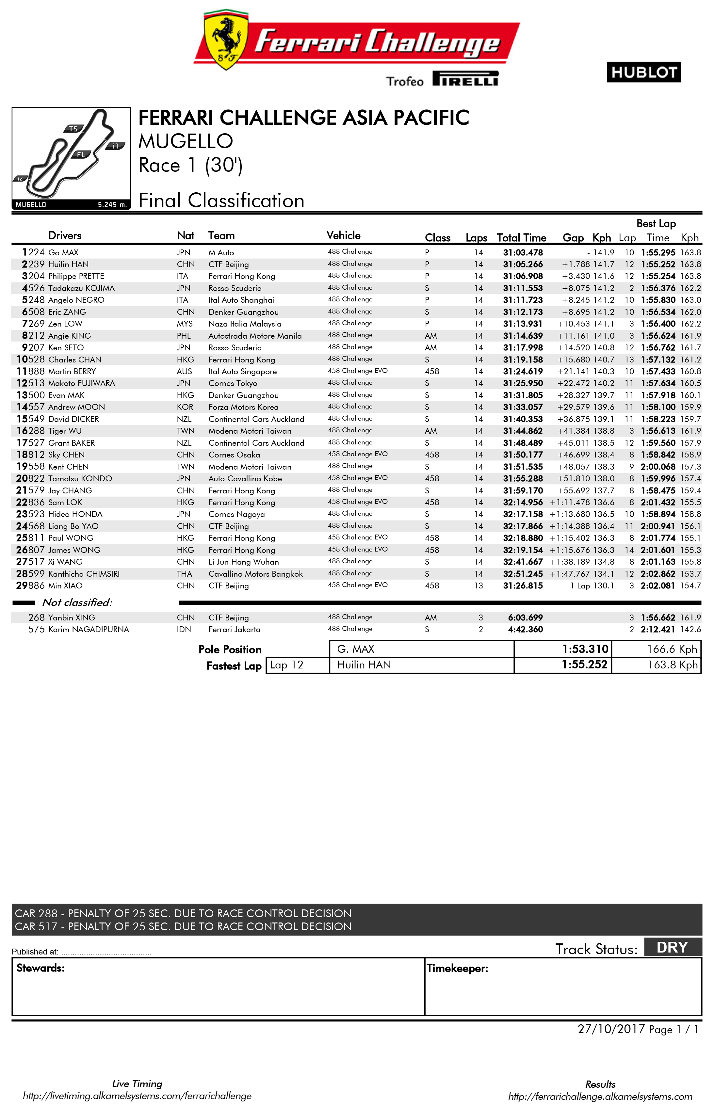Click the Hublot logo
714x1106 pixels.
tap(643, 72)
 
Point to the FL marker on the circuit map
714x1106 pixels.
tap(81, 155)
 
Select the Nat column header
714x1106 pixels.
tap(186, 235)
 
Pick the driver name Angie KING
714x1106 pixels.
tap(70, 336)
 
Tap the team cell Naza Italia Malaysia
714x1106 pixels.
tap(245, 324)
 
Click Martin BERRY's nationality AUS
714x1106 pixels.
tap(184, 371)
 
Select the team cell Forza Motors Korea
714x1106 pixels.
tap(243, 407)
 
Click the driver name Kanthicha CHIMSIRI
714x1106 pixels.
tap(84, 574)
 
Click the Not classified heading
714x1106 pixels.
tap(77, 602)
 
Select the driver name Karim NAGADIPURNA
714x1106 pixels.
tap(89, 630)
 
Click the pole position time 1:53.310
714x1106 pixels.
tap(585, 649)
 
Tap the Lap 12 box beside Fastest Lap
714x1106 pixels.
tap(287, 665)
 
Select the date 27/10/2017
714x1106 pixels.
tap(610, 1029)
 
